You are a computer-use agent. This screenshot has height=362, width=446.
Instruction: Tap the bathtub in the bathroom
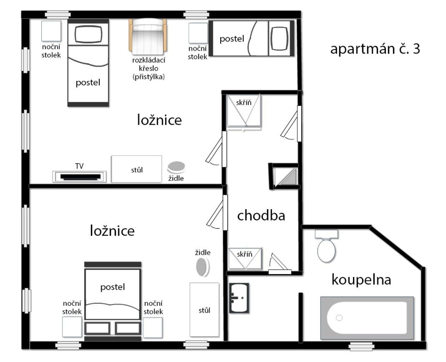coord(367,317)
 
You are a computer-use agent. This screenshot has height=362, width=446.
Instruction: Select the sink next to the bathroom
coord(239,298)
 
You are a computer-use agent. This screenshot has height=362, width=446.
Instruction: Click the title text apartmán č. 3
coord(375,49)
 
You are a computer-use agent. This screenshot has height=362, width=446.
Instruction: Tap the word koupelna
coord(361,280)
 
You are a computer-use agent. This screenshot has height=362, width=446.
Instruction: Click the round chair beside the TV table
coord(176,167)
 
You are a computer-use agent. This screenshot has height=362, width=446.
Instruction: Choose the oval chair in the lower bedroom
coord(202,267)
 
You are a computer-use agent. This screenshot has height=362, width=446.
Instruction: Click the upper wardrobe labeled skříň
coord(244,111)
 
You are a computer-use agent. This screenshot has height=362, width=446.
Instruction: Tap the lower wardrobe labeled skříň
coord(244,258)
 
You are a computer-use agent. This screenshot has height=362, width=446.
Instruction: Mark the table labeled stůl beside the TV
coord(136,169)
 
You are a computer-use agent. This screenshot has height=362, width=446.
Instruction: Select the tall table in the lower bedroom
coord(204,310)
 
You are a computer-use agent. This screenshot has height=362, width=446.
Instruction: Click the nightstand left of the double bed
coord(72,327)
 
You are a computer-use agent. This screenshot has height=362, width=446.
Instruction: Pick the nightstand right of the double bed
coord(153,327)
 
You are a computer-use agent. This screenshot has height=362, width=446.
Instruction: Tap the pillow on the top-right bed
coord(279,38)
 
